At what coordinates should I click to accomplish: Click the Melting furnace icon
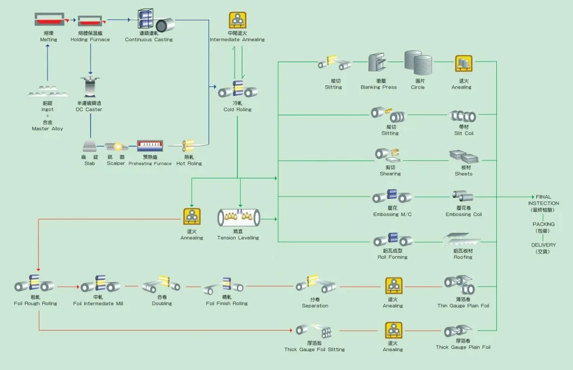pos(48,21)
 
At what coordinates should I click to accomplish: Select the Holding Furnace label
pos(90,39)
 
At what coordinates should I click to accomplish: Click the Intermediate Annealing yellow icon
pos(237,21)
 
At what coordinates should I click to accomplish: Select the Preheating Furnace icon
pos(150,146)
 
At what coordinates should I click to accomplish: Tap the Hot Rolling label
pos(189,164)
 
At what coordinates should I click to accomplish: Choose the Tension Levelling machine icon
pos(238,217)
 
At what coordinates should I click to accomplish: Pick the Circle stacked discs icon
pos(418,64)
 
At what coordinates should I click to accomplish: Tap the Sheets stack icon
pos(463,157)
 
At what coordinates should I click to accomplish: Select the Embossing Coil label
pos(463,214)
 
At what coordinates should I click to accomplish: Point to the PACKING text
pos(543,224)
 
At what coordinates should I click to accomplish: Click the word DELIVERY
pos(543,245)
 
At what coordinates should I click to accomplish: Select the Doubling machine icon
pos(161,285)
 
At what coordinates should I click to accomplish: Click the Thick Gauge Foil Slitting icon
pos(314,331)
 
